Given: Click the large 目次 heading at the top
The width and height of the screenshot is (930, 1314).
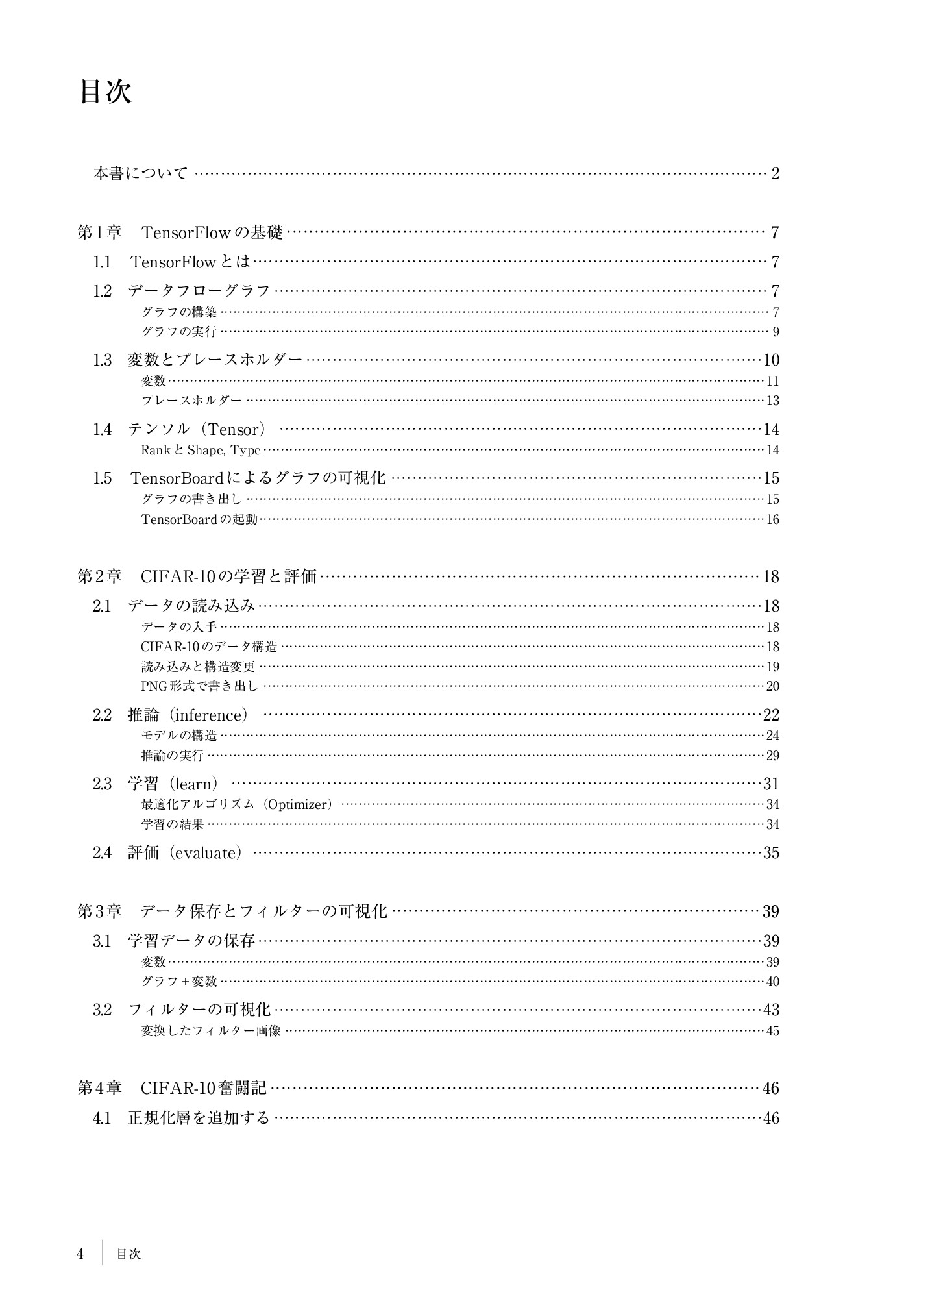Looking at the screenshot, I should click(106, 92).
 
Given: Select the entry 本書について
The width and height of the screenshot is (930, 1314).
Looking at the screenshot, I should click(141, 173).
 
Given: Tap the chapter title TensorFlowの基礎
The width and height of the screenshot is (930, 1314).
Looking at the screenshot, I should click(212, 232).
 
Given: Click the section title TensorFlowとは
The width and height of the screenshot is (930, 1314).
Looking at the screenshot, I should click(190, 262).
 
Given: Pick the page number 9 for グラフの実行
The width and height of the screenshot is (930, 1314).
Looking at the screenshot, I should click(776, 332).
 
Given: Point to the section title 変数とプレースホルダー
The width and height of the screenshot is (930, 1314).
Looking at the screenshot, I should click(215, 360).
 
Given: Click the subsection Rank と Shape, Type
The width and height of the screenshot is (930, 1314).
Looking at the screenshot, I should click(201, 450).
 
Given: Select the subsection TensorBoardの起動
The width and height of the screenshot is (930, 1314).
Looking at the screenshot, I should click(199, 519).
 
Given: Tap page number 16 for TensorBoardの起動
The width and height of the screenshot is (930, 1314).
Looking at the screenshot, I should click(772, 519).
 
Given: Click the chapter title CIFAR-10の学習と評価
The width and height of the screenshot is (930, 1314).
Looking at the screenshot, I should click(228, 576).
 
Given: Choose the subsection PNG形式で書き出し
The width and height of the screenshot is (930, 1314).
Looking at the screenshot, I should click(199, 686).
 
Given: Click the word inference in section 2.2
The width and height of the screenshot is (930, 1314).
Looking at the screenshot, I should click(208, 715).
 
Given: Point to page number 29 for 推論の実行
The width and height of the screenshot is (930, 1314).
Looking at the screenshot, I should click(772, 756).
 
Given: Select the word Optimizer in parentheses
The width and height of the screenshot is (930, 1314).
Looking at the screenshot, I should click(299, 804).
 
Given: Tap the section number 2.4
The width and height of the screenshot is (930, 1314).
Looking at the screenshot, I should click(102, 853).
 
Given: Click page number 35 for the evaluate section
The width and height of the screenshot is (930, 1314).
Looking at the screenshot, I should click(771, 853).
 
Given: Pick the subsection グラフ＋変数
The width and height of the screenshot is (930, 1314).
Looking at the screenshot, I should click(179, 982).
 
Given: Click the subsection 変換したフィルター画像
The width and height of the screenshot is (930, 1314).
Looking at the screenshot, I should click(211, 1031).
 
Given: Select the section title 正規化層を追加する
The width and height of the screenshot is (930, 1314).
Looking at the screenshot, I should click(199, 1118).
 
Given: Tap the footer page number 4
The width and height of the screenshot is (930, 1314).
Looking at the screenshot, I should click(80, 1254).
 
